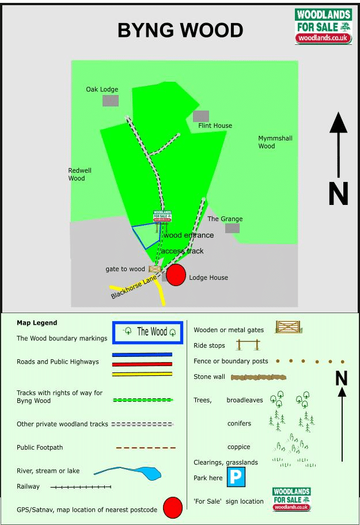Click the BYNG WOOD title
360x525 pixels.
click(x=180, y=30)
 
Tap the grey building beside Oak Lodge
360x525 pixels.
click(x=111, y=100)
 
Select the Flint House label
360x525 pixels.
click(x=215, y=125)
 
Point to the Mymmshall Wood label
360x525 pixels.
click(x=275, y=142)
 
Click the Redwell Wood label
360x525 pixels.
click(x=79, y=174)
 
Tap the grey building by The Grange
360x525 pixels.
click(x=232, y=229)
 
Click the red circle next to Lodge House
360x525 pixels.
click(x=176, y=275)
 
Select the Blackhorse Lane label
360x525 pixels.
click(x=134, y=287)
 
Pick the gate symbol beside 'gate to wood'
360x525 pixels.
click(x=155, y=269)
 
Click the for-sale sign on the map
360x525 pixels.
click(x=162, y=216)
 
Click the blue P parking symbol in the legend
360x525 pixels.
click(x=236, y=477)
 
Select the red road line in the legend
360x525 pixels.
click(x=142, y=364)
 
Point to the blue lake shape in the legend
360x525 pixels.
click(x=149, y=473)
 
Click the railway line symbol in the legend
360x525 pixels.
click(x=81, y=487)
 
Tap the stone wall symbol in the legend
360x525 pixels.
click(x=259, y=378)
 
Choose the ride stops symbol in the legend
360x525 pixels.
click(x=248, y=344)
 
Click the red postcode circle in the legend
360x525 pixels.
click(x=173, y=508)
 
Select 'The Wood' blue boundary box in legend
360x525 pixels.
click(x=147, y=333)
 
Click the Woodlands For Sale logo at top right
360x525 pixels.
click(x=323, y=26)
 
